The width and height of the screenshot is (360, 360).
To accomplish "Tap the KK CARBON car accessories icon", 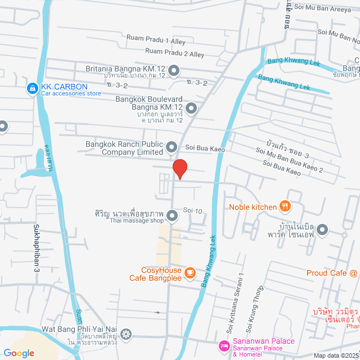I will pos(32,89).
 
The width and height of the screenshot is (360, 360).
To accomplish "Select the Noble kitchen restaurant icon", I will pos(285,206).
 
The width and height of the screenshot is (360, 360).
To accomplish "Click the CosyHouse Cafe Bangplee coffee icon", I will pos(190,273).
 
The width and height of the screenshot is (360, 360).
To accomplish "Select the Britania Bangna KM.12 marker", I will pos(174,71).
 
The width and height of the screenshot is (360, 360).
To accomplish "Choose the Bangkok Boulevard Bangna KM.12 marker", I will pos(191,107).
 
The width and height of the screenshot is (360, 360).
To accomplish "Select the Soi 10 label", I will pos(192,210).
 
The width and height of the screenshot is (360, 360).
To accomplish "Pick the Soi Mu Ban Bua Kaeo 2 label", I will pos(289,160).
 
